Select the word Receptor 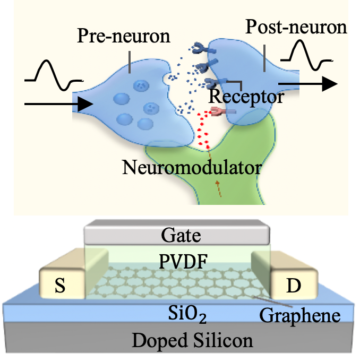click(x=245, y=97)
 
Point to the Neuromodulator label click(x=192, y=168)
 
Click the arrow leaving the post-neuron click(x=307, y=83)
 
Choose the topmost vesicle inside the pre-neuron click(x=142, y=85)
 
